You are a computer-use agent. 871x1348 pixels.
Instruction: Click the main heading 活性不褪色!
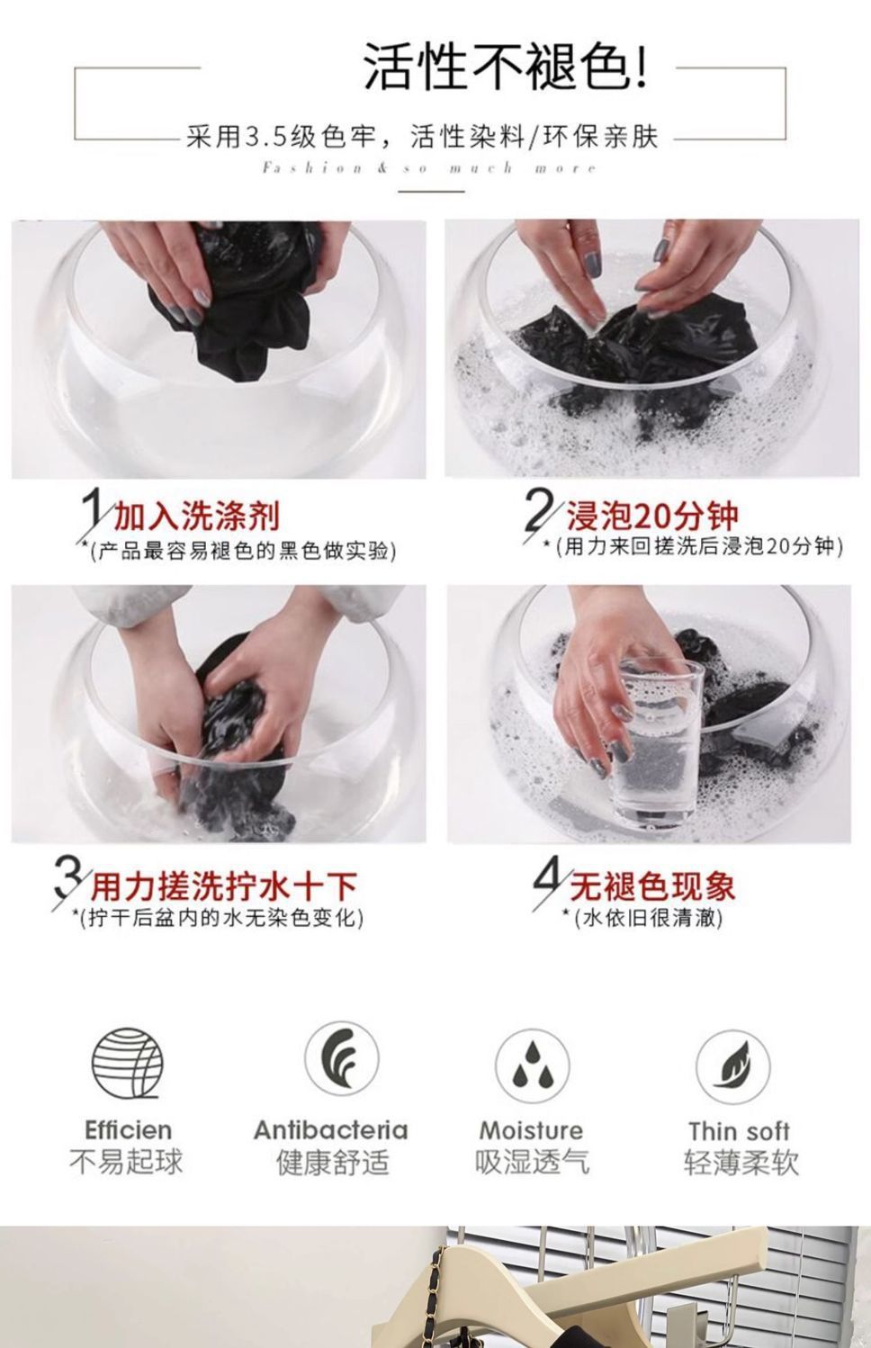pos(507,67)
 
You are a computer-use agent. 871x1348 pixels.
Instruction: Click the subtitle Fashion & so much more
pos(429,168)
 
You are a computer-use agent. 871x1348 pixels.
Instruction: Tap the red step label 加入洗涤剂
pos(196,516)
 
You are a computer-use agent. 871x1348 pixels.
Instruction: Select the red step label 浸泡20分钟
pos(651,515)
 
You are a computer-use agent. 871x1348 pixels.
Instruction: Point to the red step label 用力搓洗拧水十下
pos(224,886)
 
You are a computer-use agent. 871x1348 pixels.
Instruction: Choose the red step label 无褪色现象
pos(652,885)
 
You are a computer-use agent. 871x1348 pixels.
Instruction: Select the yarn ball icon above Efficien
pos(128,1063)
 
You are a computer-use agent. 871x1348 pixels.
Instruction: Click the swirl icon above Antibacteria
pos(341,1058)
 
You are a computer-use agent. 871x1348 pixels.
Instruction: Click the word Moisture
pos(531,1131)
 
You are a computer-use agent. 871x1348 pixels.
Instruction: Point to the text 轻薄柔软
pos(741,1163)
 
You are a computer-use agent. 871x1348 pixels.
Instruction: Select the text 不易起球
pos(126,1162)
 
